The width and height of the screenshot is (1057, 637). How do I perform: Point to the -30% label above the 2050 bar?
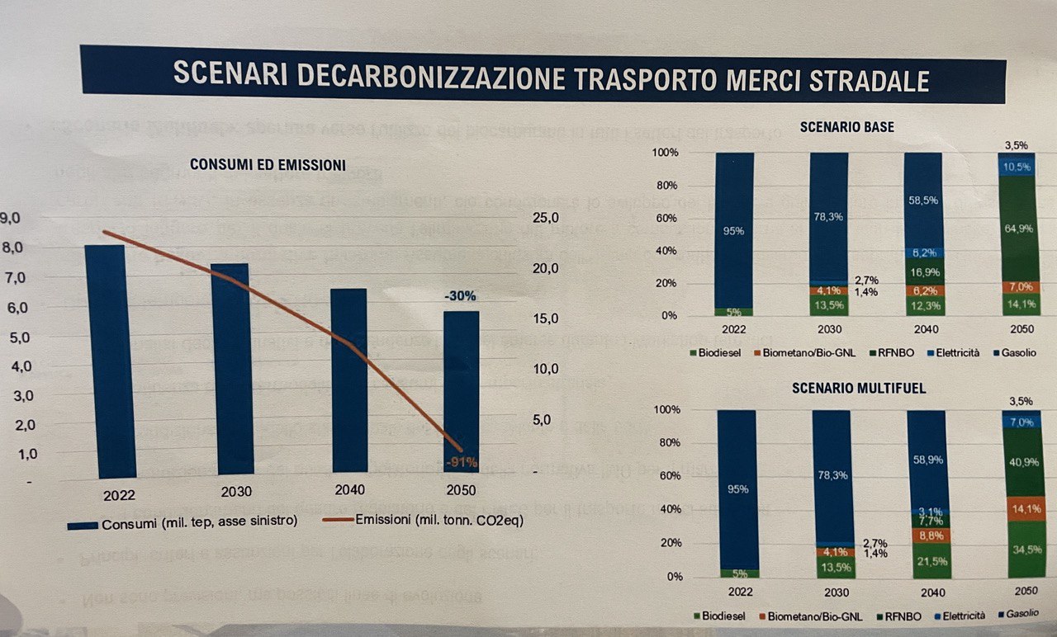pyautogui.click(x=460, y=295)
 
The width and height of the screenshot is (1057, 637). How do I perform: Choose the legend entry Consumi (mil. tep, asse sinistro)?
pyautogui.click(x=182, y=522)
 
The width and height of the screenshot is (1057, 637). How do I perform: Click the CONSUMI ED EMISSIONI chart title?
pyautogui.click(x=268, y=165)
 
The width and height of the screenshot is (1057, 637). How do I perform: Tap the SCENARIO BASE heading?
pyautogui.click(x=846, y=127)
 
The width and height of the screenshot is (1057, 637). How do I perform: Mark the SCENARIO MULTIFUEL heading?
pyautogui.click(x=846, y=387)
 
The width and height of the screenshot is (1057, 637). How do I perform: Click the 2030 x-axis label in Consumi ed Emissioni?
pyautogui.click(x=236, y=492)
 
